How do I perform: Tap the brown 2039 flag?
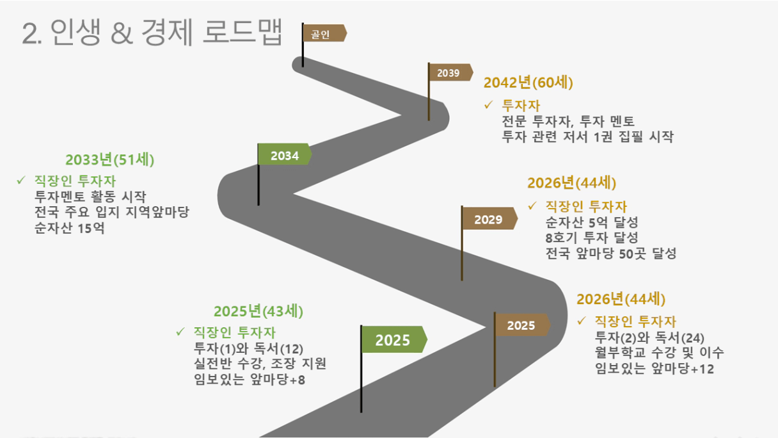pyautogui.click(x=451, y=72)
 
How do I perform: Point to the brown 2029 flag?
pyautogui.click(x=489, y=218)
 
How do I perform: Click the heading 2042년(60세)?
pyautogui.click(x=528, y=83)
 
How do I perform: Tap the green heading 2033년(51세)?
pyautogui.click(x=110, y=159)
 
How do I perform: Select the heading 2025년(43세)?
pyautogui.click(x=258, y=311)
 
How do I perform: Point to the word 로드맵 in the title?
pyautogui.click(x=242, y=32)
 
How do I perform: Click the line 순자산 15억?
pyautogui.click(x=70, y=229)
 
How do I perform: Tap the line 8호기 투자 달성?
pyautogui.click(x=592, y=238)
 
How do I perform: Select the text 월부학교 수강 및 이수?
pyautogui.click(x=659, y=353)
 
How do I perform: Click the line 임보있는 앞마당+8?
pyautogui.click(x=250, y=379)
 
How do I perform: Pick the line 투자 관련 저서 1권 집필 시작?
pyautogui.click(x=588, y=136)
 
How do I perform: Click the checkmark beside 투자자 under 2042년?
pyautogui.click(x=488, y=104)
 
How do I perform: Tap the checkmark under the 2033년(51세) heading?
pyautogui.click(x=21, y=180)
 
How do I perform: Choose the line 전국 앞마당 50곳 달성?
pyautogui.click(x=611, y=253)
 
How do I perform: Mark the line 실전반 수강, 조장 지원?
pyautogui.click(x=260, y=364)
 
